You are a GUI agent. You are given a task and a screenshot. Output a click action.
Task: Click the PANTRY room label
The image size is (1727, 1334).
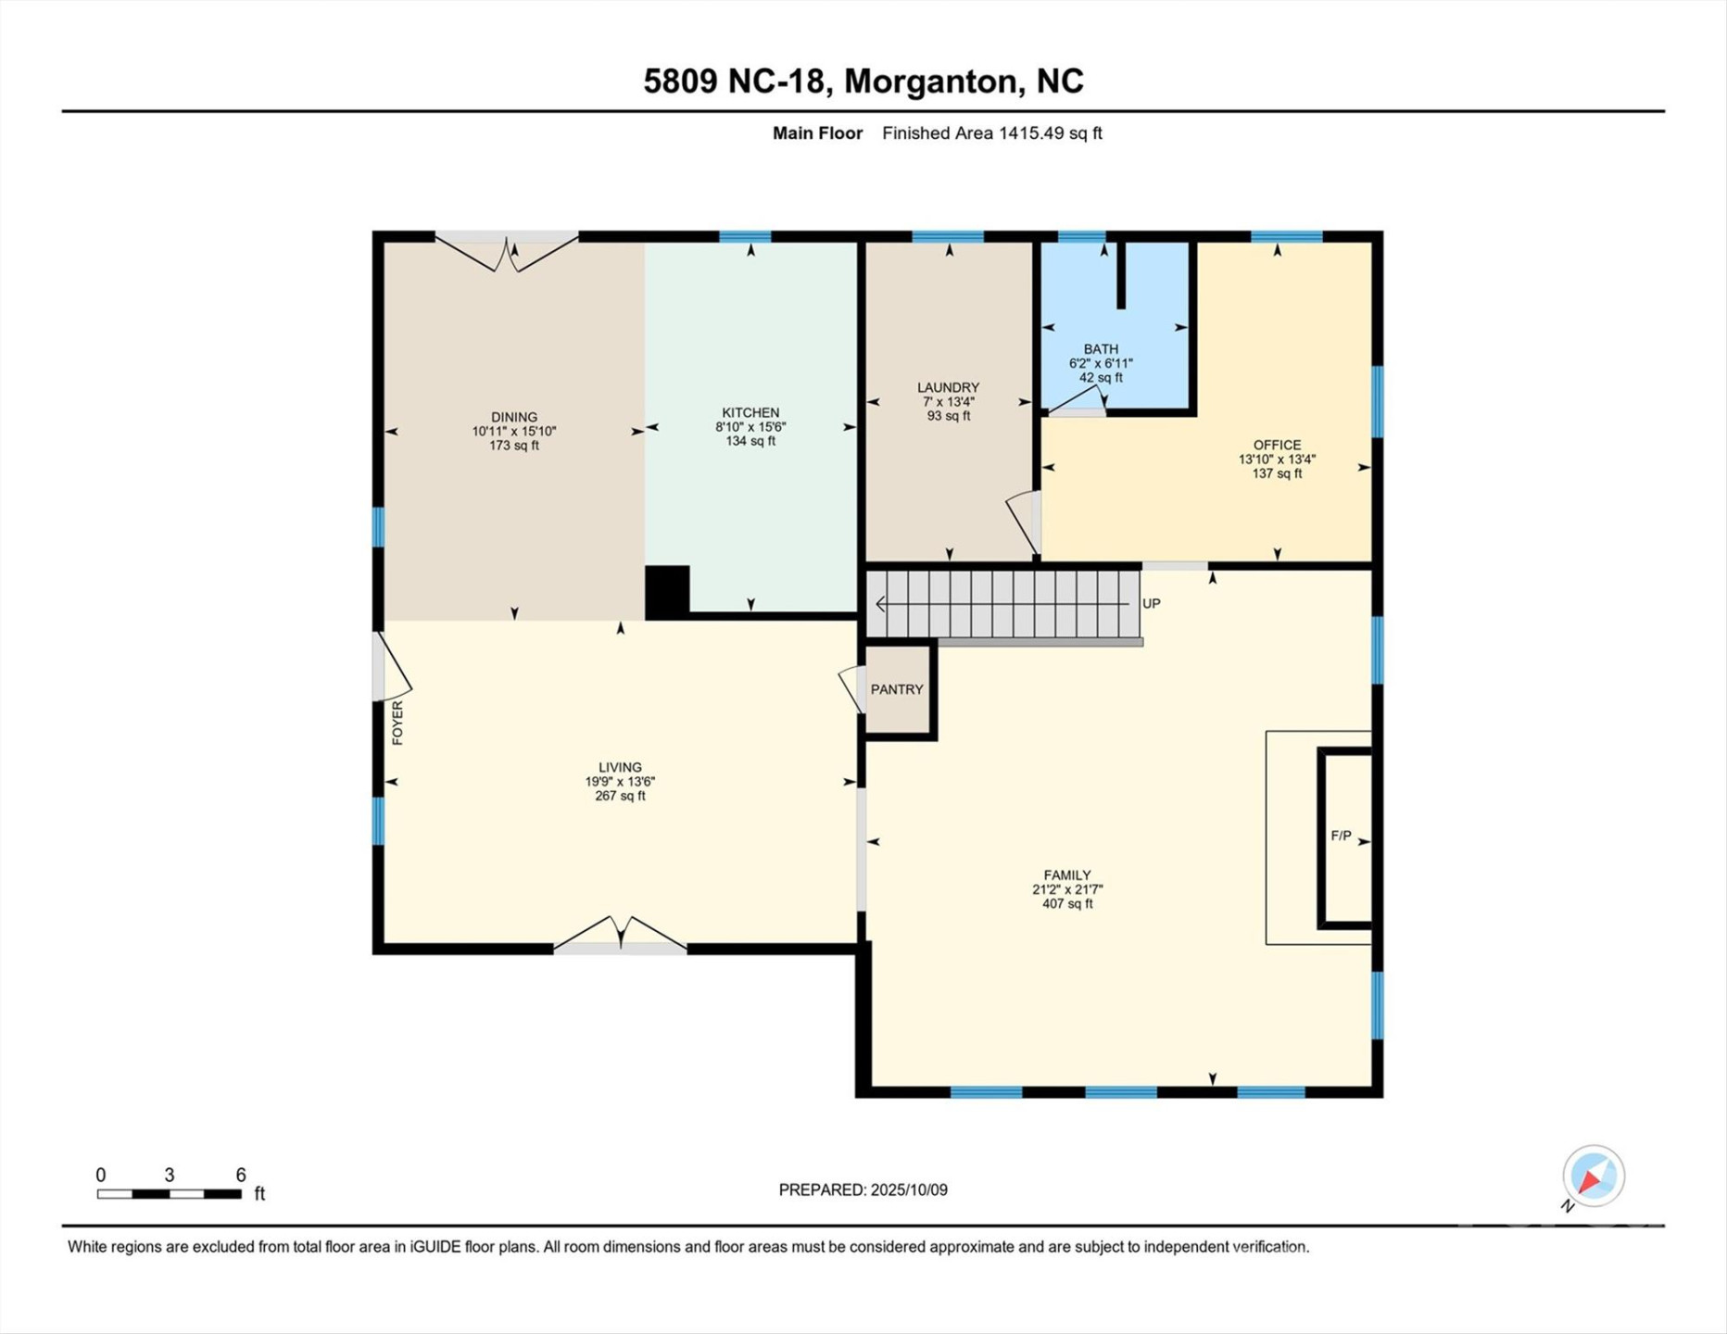pyautogui.click(x=896, y=689)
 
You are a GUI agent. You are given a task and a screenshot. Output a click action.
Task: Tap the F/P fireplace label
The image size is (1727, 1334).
pyautogui.click(x=1340, y=836)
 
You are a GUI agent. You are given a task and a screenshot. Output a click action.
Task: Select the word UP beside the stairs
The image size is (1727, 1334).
pyautogui.click(x=1151, y=603)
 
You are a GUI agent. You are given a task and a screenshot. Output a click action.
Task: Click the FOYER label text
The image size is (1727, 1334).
pyautogui.click(x=397, y=723)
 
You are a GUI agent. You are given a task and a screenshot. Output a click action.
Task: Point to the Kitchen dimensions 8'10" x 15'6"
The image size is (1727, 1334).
pyautogui.click(x=750, y=427)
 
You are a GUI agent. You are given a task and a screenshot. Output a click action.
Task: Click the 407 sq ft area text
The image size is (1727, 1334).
pyautogui.click(x=1066, y=903)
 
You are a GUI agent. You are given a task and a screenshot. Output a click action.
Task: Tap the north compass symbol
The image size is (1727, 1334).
pyautogui.click(x=1593, y=1177)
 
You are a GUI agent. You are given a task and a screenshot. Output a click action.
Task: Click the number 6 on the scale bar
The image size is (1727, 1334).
pyautogui.click(x=240, y=1175)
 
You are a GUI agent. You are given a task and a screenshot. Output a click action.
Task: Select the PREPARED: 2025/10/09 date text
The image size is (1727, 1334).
pyautogui.click(x=863, y=1189)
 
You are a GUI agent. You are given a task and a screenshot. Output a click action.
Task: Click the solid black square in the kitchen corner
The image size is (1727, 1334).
pyautogui.click(x=667, y=591)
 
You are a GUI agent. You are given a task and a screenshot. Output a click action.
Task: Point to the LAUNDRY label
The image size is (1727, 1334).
pyautogui.click(x=948, y=387)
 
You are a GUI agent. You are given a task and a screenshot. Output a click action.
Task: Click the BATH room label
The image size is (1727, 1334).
pyautogui.click(x=1101, y=349)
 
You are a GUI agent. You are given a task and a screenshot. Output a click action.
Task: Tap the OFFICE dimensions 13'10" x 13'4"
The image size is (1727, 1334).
pyautogui.click(x=1277, y=459)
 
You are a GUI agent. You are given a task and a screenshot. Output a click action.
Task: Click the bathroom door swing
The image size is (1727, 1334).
pyautogui.click(x=1077, y=400)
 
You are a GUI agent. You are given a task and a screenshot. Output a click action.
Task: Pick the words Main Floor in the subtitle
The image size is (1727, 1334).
pyautogui.click(x=817, y=133)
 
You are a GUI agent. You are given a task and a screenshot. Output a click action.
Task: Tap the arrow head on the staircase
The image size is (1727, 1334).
pyautogui.click(x=880, y=604)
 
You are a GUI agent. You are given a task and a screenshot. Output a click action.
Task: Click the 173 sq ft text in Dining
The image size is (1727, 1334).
pyautogui.click(x=513, y=446)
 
